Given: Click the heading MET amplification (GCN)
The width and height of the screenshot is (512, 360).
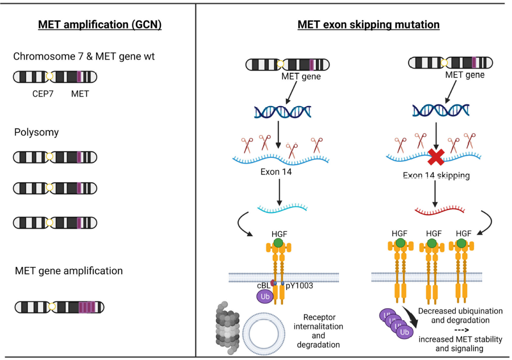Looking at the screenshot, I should [99, 25].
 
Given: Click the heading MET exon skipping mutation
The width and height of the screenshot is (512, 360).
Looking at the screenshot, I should [368, 25].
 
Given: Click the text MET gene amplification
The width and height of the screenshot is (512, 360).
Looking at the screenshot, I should [69, 271].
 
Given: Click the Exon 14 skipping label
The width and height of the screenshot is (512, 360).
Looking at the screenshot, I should [436, 176].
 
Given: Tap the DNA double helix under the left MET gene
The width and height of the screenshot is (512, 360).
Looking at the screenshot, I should [282, 111].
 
